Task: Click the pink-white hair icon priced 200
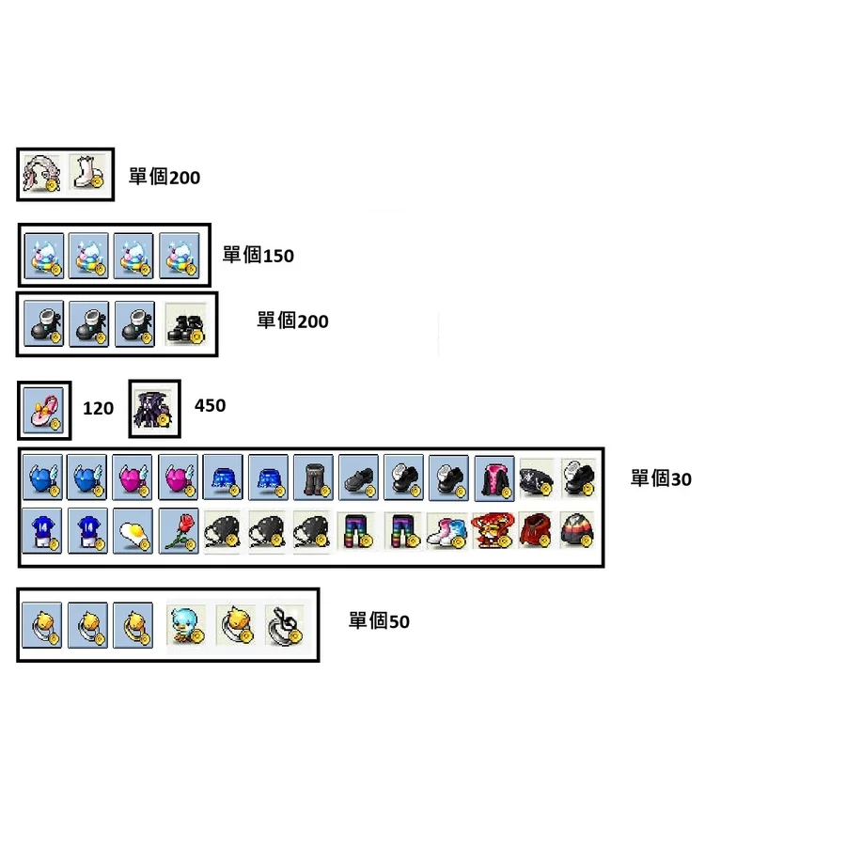click(42, 174)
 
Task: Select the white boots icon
click(88, 174)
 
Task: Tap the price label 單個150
click(258, 255)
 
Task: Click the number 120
click(98, 409)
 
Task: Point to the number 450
click(210, 406)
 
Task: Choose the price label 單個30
click(661, 478)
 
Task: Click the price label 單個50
click(379, 621)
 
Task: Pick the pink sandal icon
click(44, 411)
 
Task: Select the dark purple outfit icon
click(154, 409)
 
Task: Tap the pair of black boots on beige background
click(186, 324)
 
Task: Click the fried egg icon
click(133, 531)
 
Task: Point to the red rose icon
click(179, 531)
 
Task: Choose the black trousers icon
click(313, 478)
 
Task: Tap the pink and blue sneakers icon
click(447, 532)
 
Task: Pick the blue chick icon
click(186, 625)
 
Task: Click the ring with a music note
click(285, 626)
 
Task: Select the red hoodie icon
click(537, 531)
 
